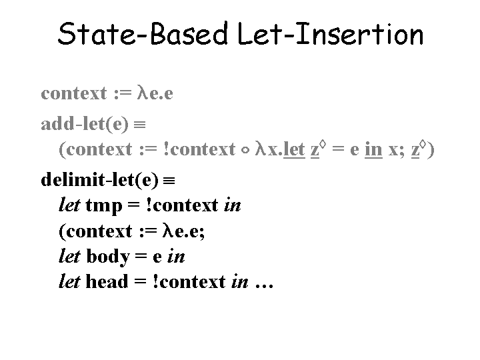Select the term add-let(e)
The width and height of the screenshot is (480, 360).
(x=85, y=124)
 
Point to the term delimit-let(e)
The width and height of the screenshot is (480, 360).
(x=100, y=181)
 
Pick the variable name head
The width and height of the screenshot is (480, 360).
(x=107, y=282)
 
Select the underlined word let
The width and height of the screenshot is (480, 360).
(x=294, y=149)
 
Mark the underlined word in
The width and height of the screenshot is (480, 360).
(x=373, y=149)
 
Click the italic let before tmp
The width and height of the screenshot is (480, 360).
(x=70, y=205)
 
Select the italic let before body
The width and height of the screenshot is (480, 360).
(x=70, y=256)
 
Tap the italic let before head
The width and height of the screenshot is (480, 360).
(x=70, y=281)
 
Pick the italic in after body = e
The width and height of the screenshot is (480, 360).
(x=177, y=257)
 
